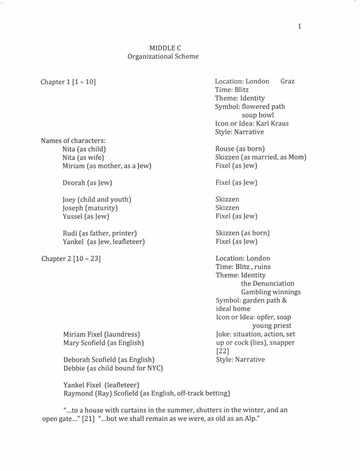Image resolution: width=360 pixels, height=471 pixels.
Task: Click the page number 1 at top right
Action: pos(299,26)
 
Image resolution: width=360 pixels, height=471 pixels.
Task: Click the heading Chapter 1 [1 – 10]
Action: pos(68,81)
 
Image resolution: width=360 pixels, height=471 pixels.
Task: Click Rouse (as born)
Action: pos(240,149)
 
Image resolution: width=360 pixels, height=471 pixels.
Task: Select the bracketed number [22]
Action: pos(223,351)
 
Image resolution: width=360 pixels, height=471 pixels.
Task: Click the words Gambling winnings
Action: pos(270,292)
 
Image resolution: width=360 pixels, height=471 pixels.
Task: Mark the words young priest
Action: pos(272,326)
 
